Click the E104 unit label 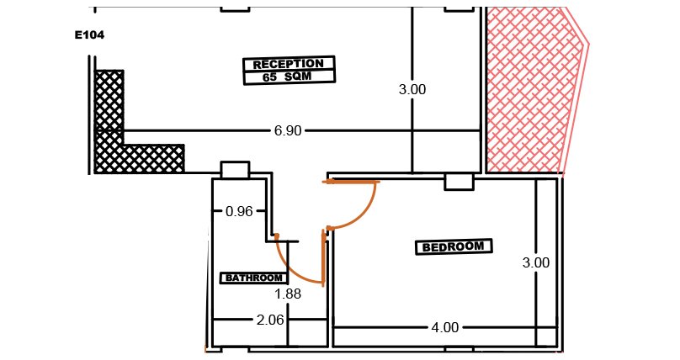tap(90, 35)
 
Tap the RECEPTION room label tap(289, 64)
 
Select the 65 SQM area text tap(287, 77)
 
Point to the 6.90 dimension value tap(288, 130)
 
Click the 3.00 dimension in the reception tap(412, 90)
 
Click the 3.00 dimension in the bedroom tap(536, 262)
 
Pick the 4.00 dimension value tap(445, 327)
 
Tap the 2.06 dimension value tap(270, 320)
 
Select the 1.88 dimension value tap(288, 294)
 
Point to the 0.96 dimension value tap(239, 211)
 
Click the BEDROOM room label tap(453, 247)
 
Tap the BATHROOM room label tap(254, 278)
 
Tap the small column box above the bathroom tap(235, 169)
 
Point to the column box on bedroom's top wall tap(460, 182)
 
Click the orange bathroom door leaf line tap(323, 257)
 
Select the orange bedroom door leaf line tap(351, 182)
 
